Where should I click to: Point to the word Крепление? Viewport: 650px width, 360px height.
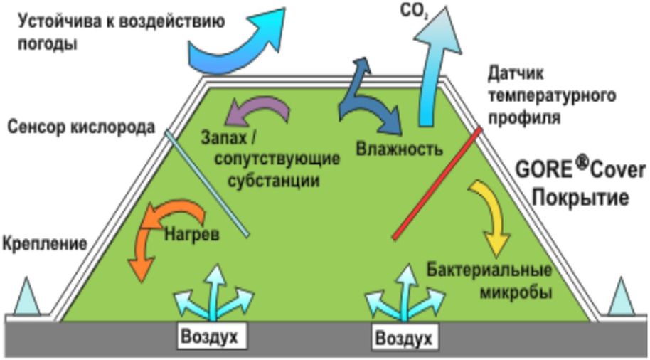(43, 243)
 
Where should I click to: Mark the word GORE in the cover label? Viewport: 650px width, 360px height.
(545, 171)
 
